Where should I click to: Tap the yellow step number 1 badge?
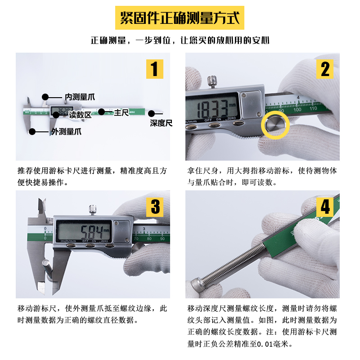click(154, 69)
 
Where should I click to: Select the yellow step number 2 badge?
click(325, 69)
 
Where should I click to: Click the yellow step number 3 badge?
click(155, 207)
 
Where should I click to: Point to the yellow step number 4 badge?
click(325, 207)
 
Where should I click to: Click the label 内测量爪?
click(80, 97)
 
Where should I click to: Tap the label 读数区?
click(80, 115)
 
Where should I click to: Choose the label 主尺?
click(121, 112)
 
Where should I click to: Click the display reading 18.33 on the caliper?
click(211, 108)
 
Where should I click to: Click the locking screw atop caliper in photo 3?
click(93, 209)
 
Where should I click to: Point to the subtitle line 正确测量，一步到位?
click(180, 40)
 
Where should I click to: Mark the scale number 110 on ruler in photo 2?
click(314, 108)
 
